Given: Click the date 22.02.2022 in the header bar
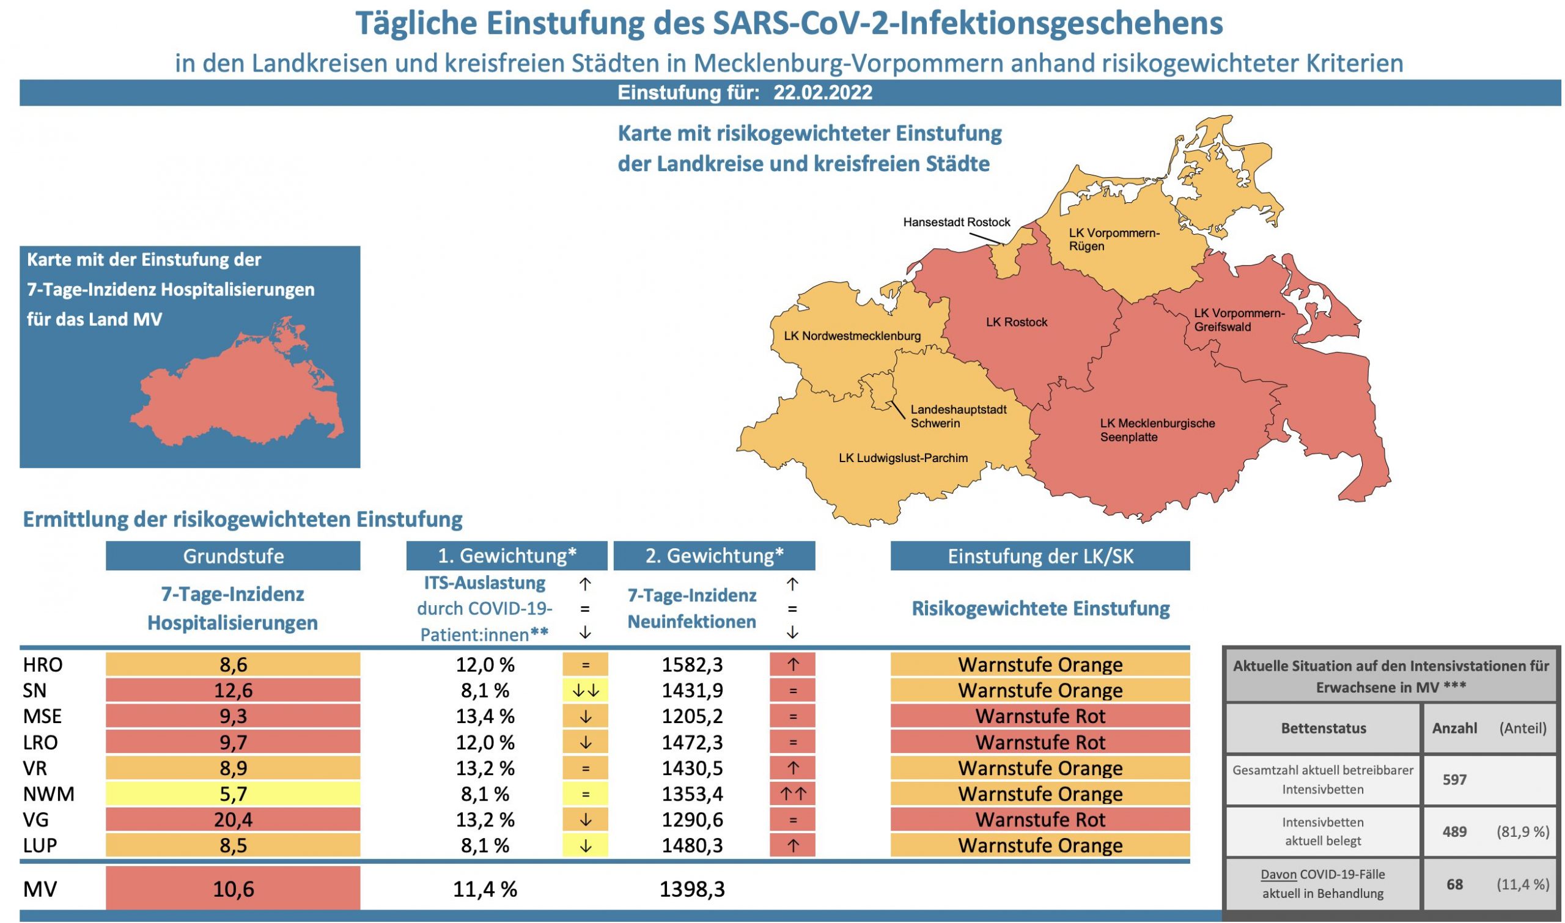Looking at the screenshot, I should tap(822, 93).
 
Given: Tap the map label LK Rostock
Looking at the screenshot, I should tap(1017, 322).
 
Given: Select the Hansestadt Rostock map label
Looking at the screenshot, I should tap(957, 222).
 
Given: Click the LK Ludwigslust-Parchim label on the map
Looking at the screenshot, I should tap(903, 458).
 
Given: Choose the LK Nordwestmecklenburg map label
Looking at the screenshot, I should tap(852, 336).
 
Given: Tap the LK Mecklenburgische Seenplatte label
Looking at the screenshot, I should tap(1157, 430).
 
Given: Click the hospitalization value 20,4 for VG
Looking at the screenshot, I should tap(234, 820).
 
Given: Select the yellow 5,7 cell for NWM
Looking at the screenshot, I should tap(234, 793).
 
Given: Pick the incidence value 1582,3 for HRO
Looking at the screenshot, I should tap(691, 665).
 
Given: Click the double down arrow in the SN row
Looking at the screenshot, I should tap(584, 690).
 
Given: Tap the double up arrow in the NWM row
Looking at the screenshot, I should tap(792, 793).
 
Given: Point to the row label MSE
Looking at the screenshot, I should tap(42, 716).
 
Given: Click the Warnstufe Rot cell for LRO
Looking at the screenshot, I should tap(1040, 742).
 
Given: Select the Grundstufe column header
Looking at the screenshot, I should tap(234, 556).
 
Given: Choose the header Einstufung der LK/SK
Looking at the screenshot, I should tap(1040, 556).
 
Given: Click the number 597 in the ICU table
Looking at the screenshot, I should tap(1454, 780).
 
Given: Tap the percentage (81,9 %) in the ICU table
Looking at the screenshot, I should tap(1523, 831).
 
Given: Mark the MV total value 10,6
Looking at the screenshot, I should tap(234, 889).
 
